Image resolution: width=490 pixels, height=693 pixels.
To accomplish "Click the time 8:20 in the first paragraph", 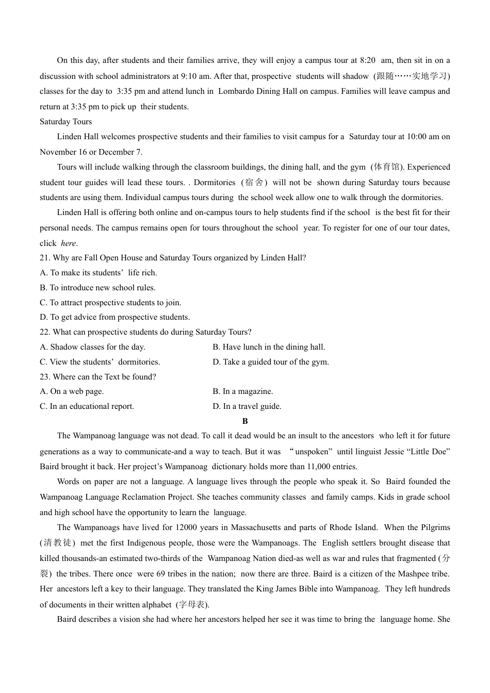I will [367, 60].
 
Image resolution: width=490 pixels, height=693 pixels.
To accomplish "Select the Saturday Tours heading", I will [66, 122].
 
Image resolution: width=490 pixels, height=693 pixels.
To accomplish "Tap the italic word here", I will [69, 243].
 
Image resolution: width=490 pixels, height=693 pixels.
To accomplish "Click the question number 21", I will [44, 258].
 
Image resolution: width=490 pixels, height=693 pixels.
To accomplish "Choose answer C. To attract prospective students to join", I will [110, 303].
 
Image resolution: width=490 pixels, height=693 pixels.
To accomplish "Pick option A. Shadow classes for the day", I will [92, 347].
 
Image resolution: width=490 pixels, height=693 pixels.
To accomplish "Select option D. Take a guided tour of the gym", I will [270, 362].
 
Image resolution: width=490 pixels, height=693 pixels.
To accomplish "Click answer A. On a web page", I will [72, 391].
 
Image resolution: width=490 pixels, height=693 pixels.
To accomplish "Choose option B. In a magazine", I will [242, 391].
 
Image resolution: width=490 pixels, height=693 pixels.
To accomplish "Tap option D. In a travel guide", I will [247, 406].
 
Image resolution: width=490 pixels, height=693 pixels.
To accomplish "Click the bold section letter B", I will [245, 421].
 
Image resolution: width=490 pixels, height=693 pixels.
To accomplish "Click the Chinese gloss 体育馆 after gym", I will [387, 167].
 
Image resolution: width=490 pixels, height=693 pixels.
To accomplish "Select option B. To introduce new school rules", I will [97, 288].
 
